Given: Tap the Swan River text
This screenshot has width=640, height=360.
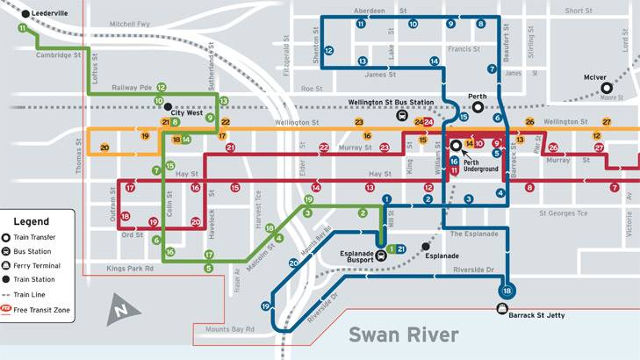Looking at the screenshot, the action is pyautogui.click(x=403, y=335).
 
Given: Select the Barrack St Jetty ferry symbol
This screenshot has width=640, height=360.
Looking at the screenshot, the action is pyautogui.click(x=502, y=309).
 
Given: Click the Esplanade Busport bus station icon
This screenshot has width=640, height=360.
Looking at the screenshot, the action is pyautogui.click(x=380, y=256).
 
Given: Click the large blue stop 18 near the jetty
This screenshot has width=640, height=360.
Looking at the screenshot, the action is pyautogui.click(x=507, y=292).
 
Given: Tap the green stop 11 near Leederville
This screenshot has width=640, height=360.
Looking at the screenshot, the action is pyautogui.click(x=22, y=28).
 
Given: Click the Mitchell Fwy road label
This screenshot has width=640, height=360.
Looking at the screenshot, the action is pyautogui.click(x=130, y=24).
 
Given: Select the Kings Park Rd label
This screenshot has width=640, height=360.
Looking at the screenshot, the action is pyautogui.click(x=129, y=268).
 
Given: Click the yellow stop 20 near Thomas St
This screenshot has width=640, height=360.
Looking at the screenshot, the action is pyautogui.click(x=104, y=148).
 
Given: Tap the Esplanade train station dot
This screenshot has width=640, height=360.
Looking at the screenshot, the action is pyautogui.click(x=426, y=246).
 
